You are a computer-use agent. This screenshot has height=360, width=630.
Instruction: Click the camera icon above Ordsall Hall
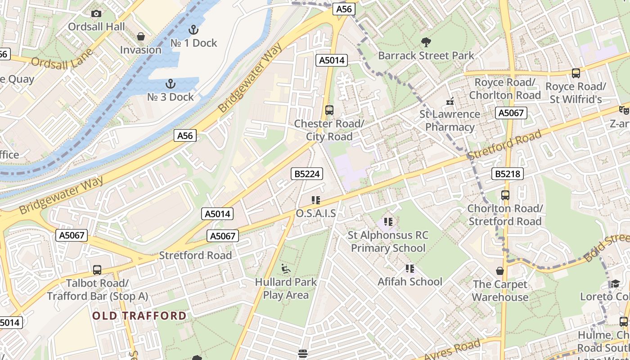pyautogui.click(x=96, y=14)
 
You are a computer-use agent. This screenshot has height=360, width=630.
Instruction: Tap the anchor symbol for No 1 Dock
pyautogui.click(x=193, y=30)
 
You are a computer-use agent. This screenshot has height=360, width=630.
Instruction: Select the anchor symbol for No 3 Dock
pyautogui.click(x=170, y=84)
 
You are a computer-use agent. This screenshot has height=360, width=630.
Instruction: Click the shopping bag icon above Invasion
pyautogui.click(x=141, y=36)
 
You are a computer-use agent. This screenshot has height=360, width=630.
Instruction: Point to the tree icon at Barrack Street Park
pyautogui.click(x=426, y=42)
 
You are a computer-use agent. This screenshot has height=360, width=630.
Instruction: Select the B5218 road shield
pyautogui.click(x=508, y=174)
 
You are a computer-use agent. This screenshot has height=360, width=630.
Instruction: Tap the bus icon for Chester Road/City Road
pyautogui.click(x=329, y=110)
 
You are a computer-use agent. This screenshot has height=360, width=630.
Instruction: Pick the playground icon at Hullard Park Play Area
pyautogui.click(x=286, y=269)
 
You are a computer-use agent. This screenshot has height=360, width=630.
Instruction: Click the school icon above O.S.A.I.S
pyautogui.click(x=315, y=200)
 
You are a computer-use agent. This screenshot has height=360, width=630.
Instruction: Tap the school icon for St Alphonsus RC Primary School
pyautogui.click(x=388, y=222)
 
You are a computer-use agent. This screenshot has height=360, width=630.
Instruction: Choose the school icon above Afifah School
pyautogui.click(x=409, y=269)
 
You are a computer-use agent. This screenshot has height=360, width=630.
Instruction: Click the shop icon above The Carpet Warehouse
pyautogui.click(x=499, y=271)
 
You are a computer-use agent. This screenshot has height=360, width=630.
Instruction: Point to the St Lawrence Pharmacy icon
pyautogui.click(x=449, y=101)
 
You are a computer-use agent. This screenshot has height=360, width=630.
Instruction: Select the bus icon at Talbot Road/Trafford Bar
pyautogui.click(x=97, y=270)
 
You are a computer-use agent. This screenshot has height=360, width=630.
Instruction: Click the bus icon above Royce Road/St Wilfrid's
pyautogui.click(x=576, y=73)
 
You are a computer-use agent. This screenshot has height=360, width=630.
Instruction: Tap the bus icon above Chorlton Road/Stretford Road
pyautogui.click(x=505, y=195)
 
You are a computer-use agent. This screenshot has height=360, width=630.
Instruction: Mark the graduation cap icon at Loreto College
pyautogui.click(x=615, y=283)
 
